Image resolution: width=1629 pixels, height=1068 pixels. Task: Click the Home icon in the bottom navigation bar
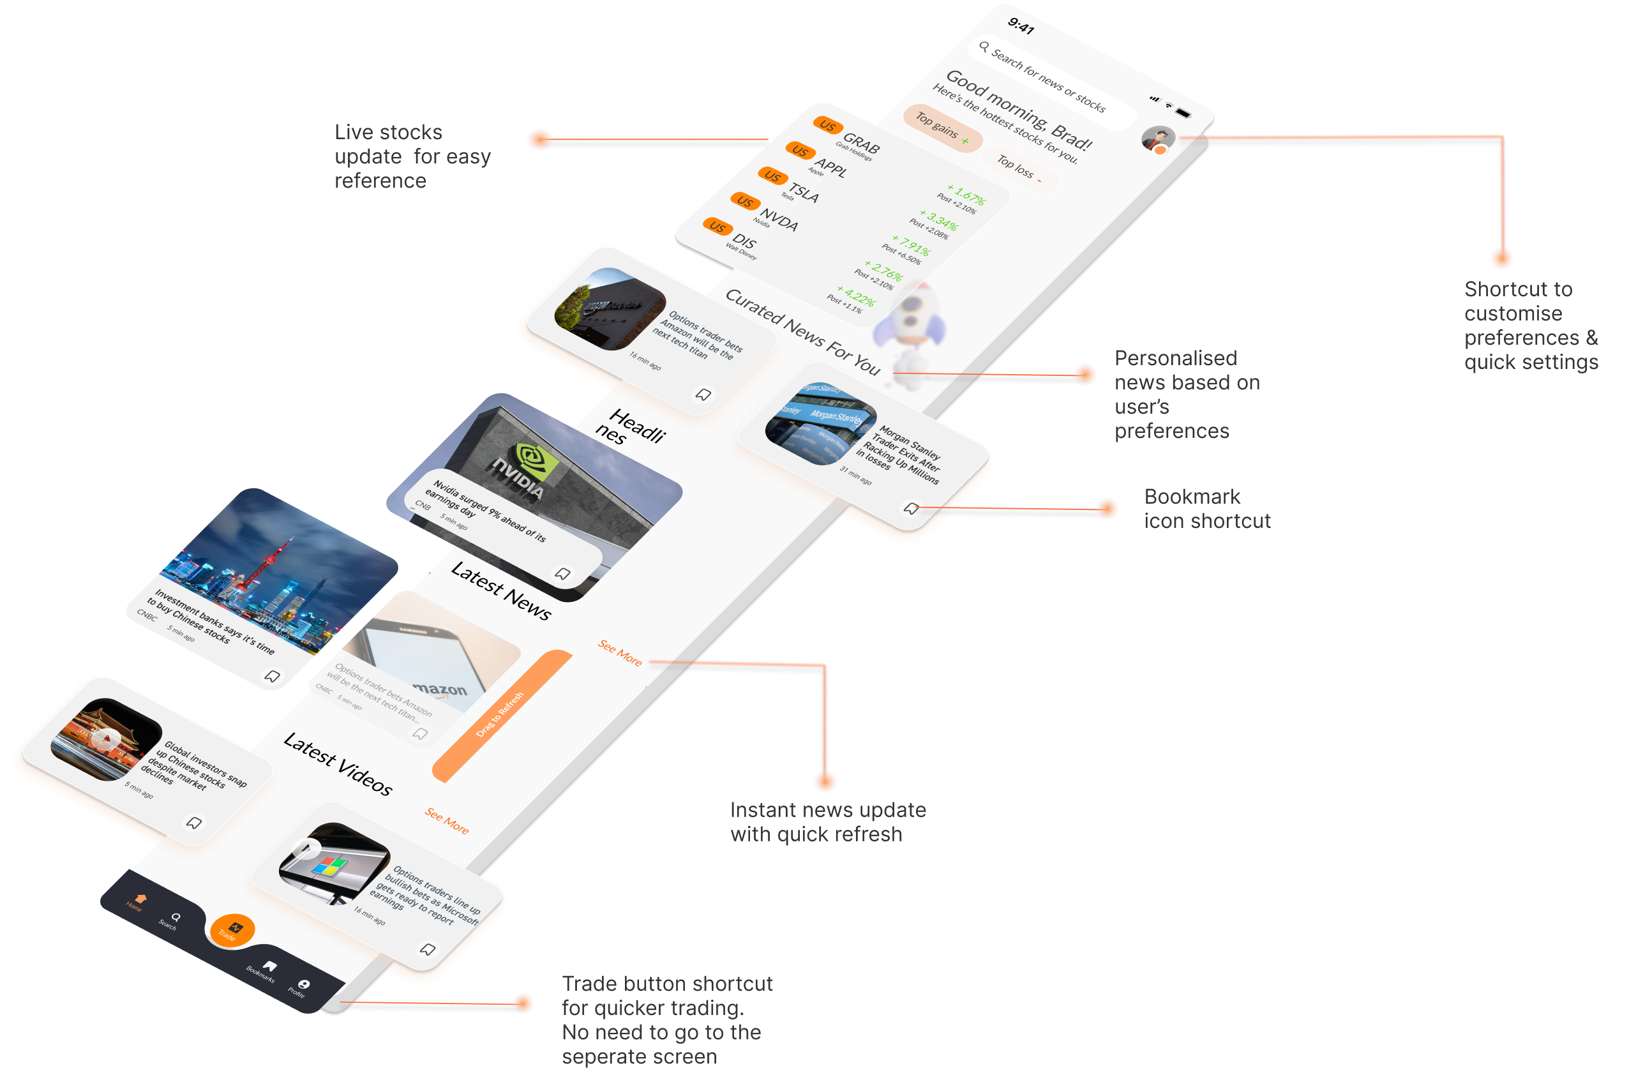pos(140,898)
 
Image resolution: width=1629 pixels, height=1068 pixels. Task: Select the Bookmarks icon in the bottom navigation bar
pos(269,966)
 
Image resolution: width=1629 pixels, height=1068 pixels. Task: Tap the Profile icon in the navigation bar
pos(303,984)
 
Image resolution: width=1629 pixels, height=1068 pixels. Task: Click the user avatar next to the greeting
pos(1158,139)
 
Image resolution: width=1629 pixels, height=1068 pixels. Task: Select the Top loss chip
pos(1019,170)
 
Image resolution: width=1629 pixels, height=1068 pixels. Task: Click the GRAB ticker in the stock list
pos(861,144)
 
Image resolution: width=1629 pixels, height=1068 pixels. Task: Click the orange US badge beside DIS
pos(717,226)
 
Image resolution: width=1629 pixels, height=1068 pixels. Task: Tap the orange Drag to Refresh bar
pos(502,716)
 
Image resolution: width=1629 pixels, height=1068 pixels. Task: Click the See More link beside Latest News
pos(620,653)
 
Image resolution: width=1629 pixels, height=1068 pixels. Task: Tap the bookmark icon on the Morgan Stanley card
pos(911,509)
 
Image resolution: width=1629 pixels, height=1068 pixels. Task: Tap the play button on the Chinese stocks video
pos(105,739)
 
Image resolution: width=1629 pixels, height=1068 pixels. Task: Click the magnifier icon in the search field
pos(984,47)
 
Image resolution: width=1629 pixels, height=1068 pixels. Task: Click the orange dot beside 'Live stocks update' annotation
pos(539,139)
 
